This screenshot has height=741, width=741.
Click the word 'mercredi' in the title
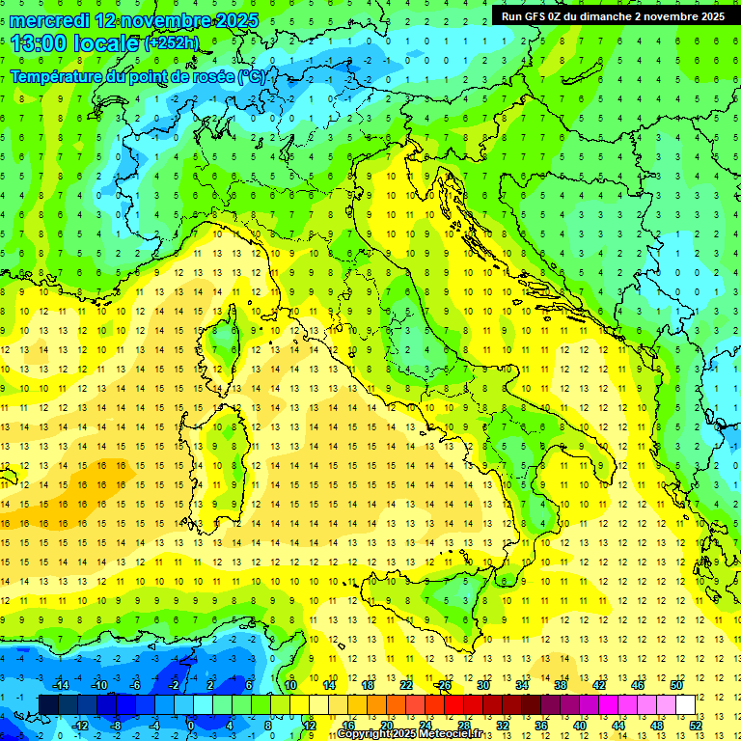pos(50,20)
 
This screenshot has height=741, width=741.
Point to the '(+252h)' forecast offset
pos(172,43)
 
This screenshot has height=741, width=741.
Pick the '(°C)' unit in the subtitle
pos(252,76)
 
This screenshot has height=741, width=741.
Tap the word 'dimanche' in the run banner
pos(628,16)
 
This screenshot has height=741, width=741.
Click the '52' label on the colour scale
pos(696,725)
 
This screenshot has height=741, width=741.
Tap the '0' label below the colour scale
pos(190,725)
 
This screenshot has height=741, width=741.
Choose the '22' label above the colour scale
pos(406,685)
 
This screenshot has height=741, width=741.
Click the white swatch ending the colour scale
pos(685,704)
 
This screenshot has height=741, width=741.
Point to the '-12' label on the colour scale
pos(80,725)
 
